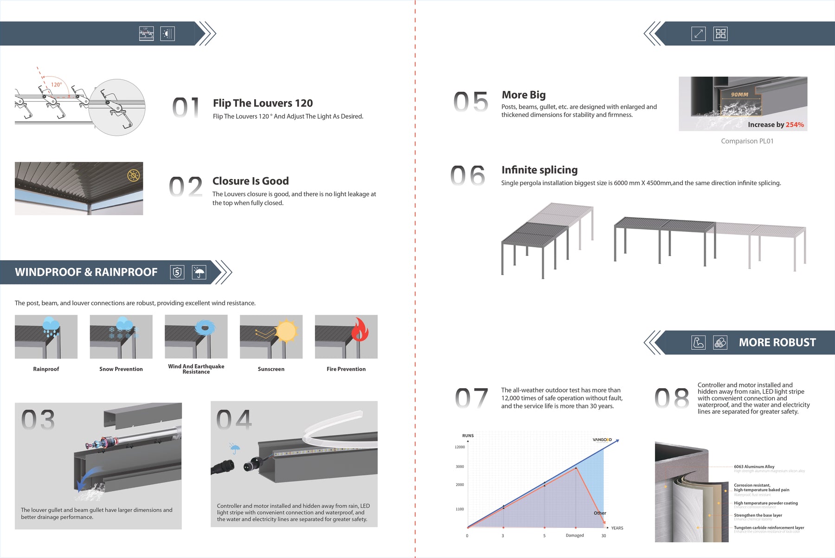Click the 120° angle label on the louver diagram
pos(56,84)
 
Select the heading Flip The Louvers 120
pos(263,103)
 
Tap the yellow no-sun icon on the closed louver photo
pos(134,175)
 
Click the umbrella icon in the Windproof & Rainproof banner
pos(199,272)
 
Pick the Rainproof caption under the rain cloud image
pos(46,369)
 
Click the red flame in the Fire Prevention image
pos(360,330)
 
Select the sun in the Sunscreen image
pos(286,331)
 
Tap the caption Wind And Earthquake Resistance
pos(196,369)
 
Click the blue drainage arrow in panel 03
pos(87,478)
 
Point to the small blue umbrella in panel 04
pos(235,449)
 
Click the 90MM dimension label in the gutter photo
pos(739,95)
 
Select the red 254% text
pos(795,125)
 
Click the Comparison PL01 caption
pos(747,141)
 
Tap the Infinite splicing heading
pos(539,170)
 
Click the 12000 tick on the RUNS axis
pos(459,447)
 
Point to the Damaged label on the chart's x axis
pos(574,535)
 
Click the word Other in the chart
pos(599,513)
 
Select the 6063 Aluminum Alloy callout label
pos(754,467)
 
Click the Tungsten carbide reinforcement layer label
pos(769,527)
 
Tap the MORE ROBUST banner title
pos(777,342)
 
